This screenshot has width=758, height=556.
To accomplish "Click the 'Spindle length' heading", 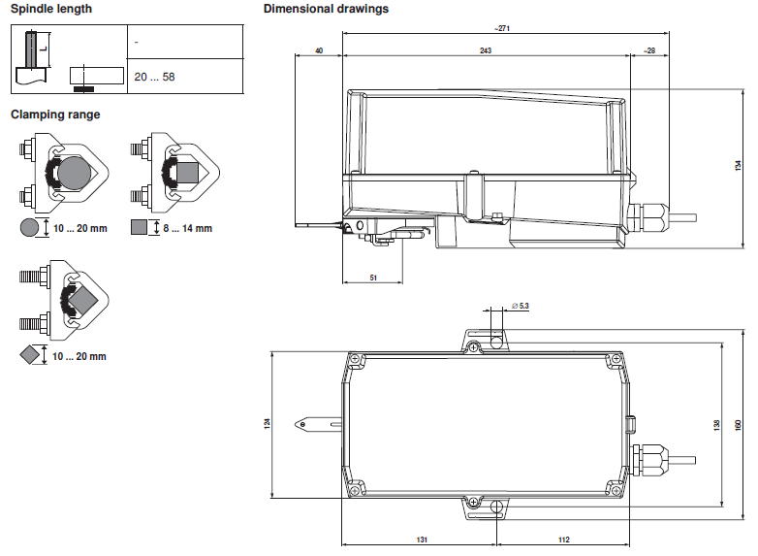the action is click(x=51, y=9).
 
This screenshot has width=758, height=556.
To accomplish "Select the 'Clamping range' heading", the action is click(x=55, y=114).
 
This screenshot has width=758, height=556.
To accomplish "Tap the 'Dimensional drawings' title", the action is click(x=326, y=9).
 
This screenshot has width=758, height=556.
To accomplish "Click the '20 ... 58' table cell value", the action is click(x=154, y=77).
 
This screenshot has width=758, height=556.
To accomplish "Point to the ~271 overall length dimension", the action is click(x=502, y=28).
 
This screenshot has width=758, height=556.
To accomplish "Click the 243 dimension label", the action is click(x=486, y=50).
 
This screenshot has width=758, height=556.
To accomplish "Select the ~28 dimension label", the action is click(x=649, y=50).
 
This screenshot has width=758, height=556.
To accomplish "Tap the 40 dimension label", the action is click(x=319, y=50).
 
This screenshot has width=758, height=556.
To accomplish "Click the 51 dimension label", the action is click(x=373, y=278).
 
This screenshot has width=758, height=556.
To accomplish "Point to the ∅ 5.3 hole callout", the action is click(x=521, y=306).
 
